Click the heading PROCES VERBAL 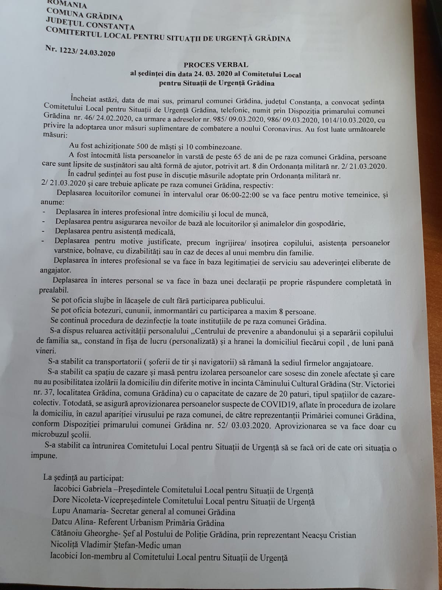click(216, 65)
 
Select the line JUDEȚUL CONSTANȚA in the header click(90, 24)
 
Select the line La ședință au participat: click(83, 478)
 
